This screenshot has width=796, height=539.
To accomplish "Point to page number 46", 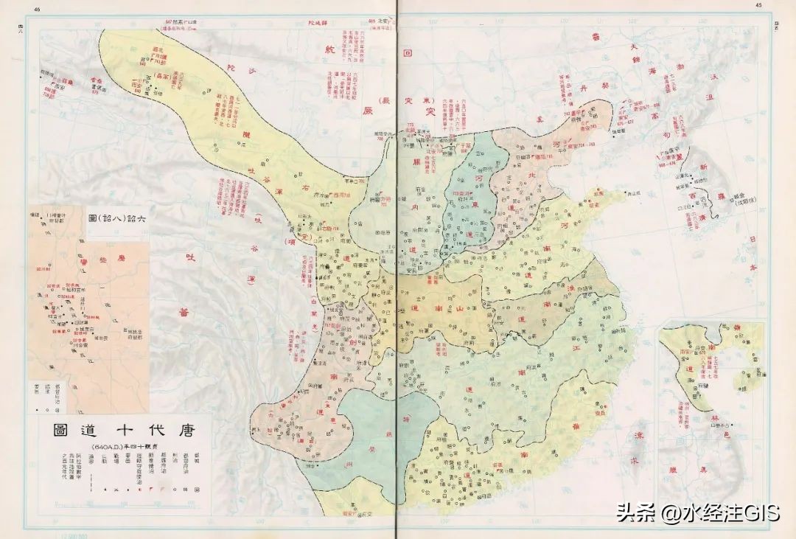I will tap(37, 8).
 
